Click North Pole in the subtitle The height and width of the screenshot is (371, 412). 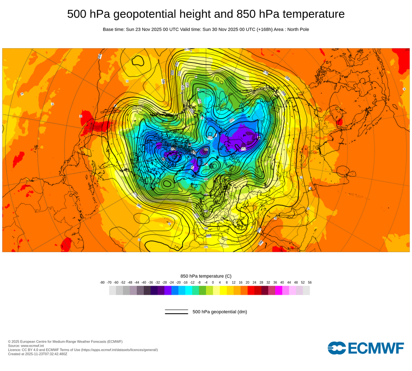pyautogui.click(x=297, y=30)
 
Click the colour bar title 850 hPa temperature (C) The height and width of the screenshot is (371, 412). pyautogui.click(x=206, y=276)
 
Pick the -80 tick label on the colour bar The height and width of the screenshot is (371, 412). pyautogui.click(x=102, y=282)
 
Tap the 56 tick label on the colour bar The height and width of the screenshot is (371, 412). pyautogui.click(x=309, y=282)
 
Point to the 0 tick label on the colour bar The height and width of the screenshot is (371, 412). pyautogui.click(x=213, y=282)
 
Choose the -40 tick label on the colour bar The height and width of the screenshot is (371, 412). pyautogui.click(x=144, y=282)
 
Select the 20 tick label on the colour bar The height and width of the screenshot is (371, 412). pyautogui.click(x=247, y=282)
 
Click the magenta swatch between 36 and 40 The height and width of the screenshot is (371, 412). pyautogui.click(x=279, y=290)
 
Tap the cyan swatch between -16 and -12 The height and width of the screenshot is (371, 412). pyautogui.click(x=189, y=290)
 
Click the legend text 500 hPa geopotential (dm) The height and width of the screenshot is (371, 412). pyautogui.click(x=220, y=312)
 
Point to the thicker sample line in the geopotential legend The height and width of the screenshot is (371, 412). pyautogui.click(x=176, y=314)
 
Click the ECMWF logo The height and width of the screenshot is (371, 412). pyautogui.click(x=365, y=348)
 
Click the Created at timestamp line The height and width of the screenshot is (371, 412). pyautogui.click(x=37, y=354)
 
